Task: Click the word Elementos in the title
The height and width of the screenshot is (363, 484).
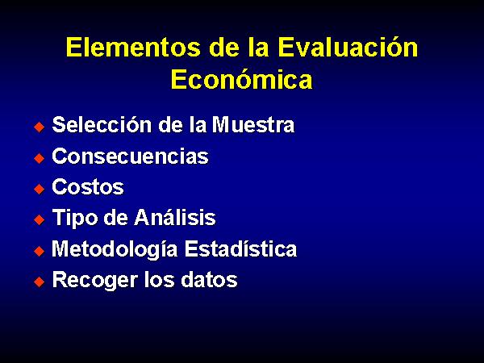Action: point(133,48)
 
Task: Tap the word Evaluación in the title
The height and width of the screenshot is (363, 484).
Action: point(348,47)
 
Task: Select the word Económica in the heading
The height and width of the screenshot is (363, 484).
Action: point(242,79)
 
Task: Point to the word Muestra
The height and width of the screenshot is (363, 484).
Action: point(253,125)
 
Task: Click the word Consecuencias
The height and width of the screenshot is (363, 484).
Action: point(130,156)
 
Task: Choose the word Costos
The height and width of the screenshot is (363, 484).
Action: point(88,187)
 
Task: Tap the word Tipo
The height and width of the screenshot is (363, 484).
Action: point(75,219)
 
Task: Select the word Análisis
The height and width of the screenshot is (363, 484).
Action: point(175,217)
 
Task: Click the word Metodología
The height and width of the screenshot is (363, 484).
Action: point(115,249)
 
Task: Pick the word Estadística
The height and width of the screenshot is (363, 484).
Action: point(240,248)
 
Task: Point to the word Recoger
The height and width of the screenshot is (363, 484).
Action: point(94,281)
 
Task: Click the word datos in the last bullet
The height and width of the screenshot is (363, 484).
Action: point(209,280)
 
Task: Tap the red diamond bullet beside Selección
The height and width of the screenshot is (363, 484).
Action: point(40,127)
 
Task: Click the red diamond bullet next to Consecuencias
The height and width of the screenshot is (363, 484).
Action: point(40,158)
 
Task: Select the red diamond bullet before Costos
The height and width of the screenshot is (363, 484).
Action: point(40,189)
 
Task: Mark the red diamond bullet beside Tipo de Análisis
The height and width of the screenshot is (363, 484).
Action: point(40,219)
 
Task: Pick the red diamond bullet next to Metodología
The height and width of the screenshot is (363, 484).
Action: point(40,251)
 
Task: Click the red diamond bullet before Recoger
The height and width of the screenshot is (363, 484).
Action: point(40,282)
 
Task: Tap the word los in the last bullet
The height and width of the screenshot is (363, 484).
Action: point(159,280)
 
